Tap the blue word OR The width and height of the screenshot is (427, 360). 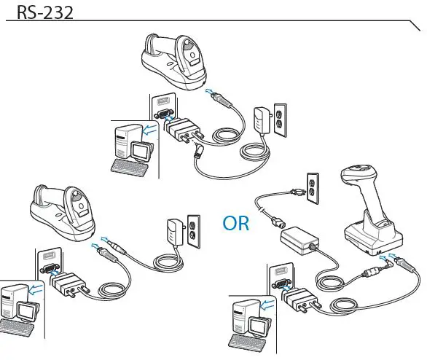[x=236, y=223]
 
